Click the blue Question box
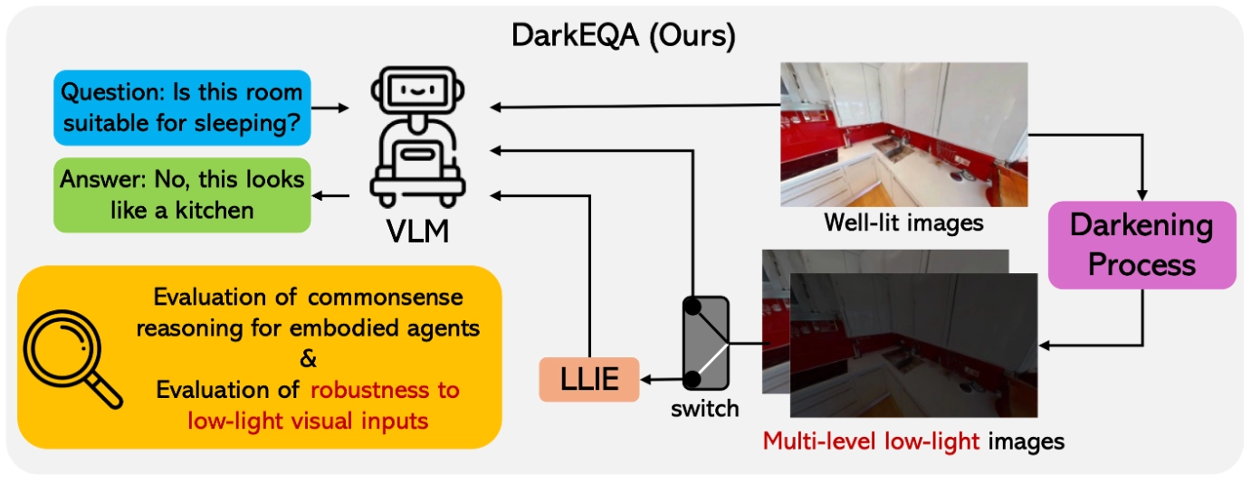(x=182, y=108)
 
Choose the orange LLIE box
(x=589, y=378)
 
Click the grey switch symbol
(x=704, y=345)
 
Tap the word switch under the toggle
(x=704, y=409)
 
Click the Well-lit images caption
(x=903, y=222)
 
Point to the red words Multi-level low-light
(x=870, y=441)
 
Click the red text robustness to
(x=384, y=391)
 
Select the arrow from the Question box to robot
(x=330, y=108)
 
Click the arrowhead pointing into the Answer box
(x=318, y=194)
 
